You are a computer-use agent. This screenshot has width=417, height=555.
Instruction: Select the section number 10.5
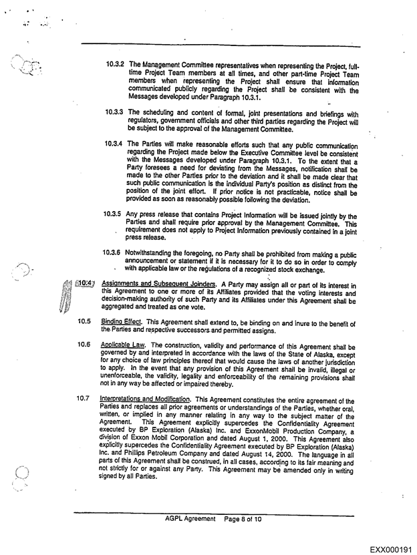coord(84,321)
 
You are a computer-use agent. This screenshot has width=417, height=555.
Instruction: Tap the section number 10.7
coord(84,399)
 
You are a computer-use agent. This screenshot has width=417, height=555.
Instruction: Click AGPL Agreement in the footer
coord(191,518)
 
